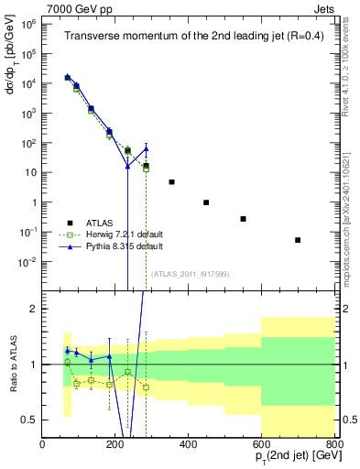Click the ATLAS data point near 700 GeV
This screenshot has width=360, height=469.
[x=298, y=240]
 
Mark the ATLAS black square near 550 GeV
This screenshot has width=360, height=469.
[x=243, y=219]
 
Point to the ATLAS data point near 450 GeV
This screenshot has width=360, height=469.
[x=206, y=202]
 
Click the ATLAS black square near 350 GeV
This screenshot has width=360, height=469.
[x=171, y=182]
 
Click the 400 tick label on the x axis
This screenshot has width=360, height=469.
[x=188, y=445]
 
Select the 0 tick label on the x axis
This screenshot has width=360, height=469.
[x=43, y=445]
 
